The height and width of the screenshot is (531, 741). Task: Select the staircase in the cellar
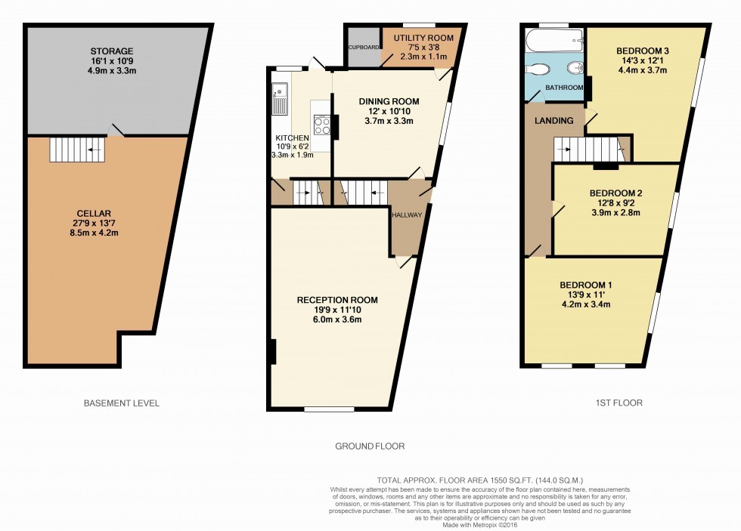[x=77, y=150]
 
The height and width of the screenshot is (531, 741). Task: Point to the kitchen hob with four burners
[x=322, y=125]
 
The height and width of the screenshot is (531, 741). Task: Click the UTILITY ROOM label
[x=423, y=38]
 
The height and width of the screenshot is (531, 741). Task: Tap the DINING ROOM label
[x=389, y=101]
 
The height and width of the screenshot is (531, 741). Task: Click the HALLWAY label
[x=407, y=215]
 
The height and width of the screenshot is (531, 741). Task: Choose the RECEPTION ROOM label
[x=337, y=300]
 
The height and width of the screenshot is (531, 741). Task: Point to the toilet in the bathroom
[x=538, y=70]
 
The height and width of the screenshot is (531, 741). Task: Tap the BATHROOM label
[x=565, y=88]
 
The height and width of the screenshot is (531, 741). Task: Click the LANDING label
[x=554, y=121]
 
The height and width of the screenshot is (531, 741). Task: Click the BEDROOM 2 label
[x=615, y=193]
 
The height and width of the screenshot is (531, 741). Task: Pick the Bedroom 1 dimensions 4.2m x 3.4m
[x=584, y=305]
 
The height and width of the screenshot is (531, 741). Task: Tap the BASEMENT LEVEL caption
[x=122, y=403]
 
